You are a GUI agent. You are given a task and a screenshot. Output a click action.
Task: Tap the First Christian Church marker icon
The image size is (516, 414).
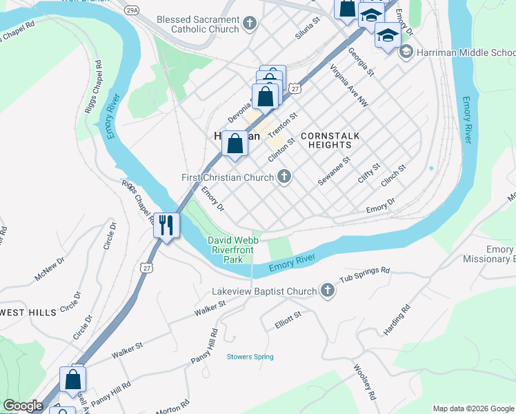(x=284, y=177)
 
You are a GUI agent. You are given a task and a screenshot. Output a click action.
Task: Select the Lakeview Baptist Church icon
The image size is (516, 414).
(x=327, y=291)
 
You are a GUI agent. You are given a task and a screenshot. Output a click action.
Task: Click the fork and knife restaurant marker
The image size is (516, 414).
(x=166, y=224)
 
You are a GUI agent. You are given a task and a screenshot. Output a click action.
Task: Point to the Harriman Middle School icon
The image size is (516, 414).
(x=406, y=52)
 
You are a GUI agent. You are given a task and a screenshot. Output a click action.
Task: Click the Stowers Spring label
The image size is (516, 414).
(x=250, y=357)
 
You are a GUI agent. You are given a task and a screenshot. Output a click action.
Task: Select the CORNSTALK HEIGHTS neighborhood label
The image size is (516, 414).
(x=330, y=141)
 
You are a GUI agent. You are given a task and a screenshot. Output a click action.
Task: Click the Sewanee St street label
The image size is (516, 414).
(x=334, y=170)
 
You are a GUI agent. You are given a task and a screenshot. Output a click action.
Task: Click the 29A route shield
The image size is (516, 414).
(x=131, y=11)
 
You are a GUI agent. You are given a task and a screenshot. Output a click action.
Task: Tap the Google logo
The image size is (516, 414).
(x=23, y=406)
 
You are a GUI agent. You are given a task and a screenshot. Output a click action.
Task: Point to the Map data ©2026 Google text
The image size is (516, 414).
(x=473, y=408)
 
